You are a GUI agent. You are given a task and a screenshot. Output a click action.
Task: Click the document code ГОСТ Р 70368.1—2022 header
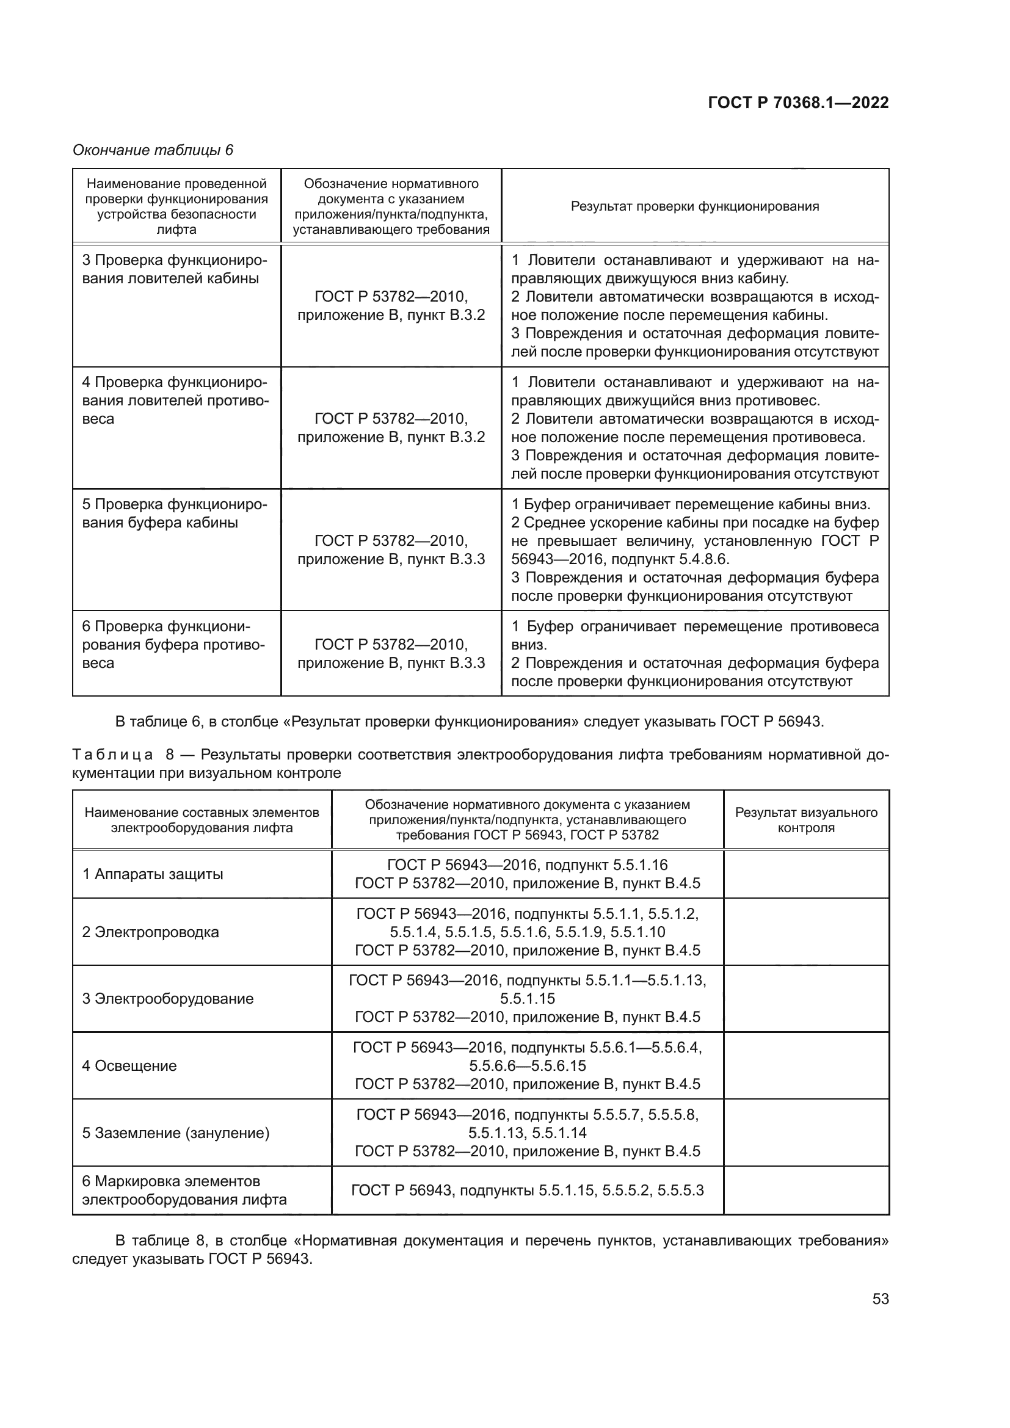click(798, 103)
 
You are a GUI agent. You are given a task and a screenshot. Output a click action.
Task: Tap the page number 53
click(880, 1299)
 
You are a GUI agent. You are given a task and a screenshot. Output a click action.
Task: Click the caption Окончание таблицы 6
click(153, 150)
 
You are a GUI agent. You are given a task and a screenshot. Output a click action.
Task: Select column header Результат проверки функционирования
click(695, 206)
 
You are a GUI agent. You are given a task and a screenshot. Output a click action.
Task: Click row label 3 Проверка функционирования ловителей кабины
click(174, 269)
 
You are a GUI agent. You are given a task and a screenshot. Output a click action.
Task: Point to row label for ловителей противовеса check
click(174, 400)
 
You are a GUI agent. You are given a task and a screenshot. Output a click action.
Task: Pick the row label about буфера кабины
click(174, 513)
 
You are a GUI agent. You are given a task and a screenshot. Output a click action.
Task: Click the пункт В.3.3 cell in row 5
click(391, 550)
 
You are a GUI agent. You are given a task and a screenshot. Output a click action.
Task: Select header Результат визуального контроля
click(806, 820)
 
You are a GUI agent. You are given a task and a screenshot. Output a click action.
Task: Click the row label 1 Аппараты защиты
click(153, 874)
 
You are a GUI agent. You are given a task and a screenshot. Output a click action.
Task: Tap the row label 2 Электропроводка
click(150, 932)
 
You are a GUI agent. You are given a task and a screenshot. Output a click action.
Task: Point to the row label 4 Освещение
click(129, 1065)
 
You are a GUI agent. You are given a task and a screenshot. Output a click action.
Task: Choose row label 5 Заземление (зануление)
click(175, 1133)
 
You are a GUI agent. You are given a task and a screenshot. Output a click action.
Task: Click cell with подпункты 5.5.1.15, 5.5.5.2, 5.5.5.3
click(528, 1191)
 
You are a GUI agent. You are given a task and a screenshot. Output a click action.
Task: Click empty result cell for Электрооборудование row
click(806, 998)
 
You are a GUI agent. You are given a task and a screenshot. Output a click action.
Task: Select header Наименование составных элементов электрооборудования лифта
click(202, 820)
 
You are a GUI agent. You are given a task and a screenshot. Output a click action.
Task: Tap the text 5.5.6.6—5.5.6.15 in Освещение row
click(528, 1065)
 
